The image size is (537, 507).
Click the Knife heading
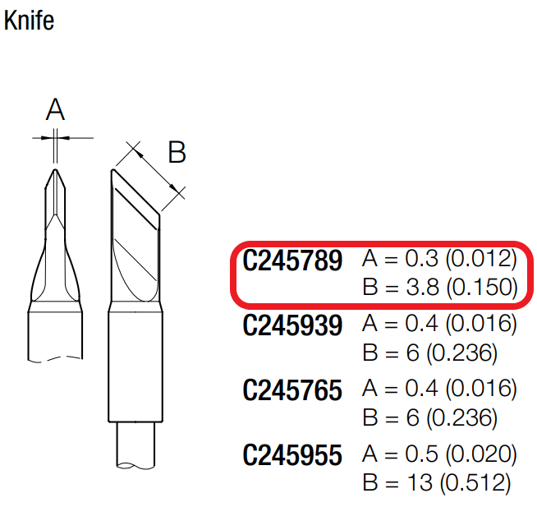coord(29,21)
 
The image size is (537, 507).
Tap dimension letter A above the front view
coord(55,109)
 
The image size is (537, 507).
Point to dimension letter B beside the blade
coord(177,152)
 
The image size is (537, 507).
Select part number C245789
coord(292,260)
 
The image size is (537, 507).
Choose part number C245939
coord(292,325)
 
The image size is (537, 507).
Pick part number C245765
coord(292,390)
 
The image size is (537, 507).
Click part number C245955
coord(292,455)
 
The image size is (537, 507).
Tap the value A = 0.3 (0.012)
coord(439,259)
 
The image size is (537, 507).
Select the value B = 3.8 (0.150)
coord(440,288)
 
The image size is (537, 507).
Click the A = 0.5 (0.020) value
coord(439,454)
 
